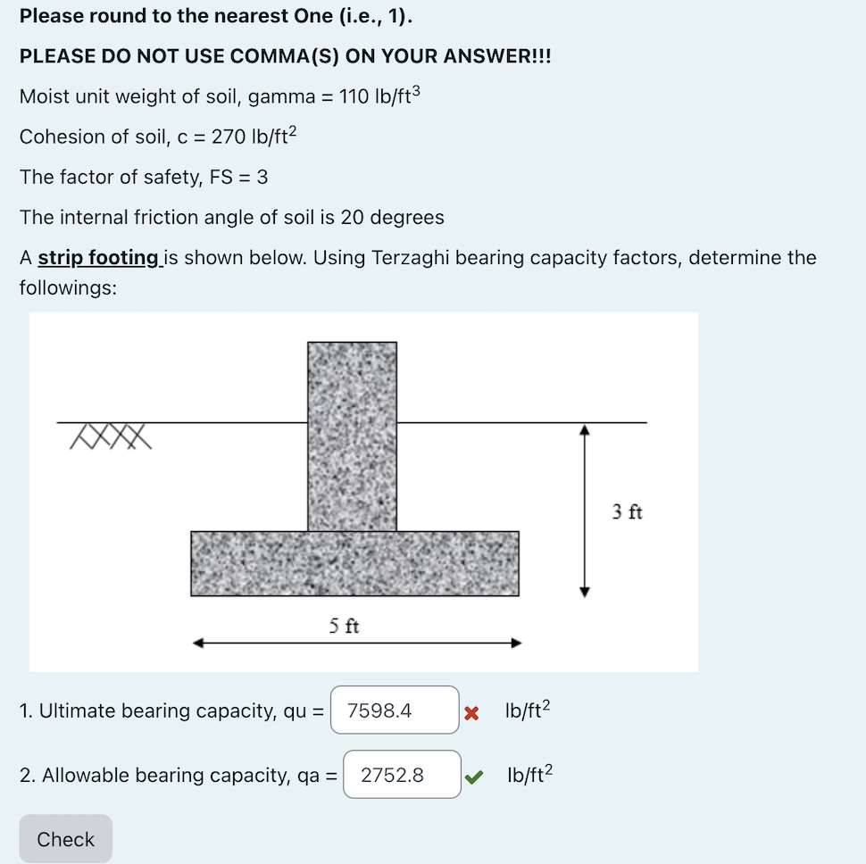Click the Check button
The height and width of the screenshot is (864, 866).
click(x=65, y=839)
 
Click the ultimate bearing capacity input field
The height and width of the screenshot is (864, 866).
click(x=395, y=710)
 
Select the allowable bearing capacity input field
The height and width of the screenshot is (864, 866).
click(x=402, y=775)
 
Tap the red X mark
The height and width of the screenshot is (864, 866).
click(x=472, y=712)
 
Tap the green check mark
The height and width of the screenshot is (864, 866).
click(x=474, y=776)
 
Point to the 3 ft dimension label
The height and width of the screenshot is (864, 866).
click(x=627, y=511)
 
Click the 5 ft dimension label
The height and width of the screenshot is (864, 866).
click(x=343, y=626)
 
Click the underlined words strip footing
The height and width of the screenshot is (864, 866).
click(x=97, y=258)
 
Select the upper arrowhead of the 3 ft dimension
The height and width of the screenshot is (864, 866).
click(x=585, y=429)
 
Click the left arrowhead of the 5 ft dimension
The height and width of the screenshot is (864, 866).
click(x=198, y=643)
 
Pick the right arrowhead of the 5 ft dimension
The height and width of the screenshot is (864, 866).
click(x=516, y=643)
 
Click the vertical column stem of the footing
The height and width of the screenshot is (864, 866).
click(x=352, y=435)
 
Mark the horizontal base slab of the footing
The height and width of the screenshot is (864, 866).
click(x=354, y=563)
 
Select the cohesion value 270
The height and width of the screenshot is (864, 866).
click(x=228, y=137)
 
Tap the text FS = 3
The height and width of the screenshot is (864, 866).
click(x=237, y=177)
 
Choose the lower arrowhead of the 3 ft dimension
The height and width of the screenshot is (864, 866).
click(x=585, y=590)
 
